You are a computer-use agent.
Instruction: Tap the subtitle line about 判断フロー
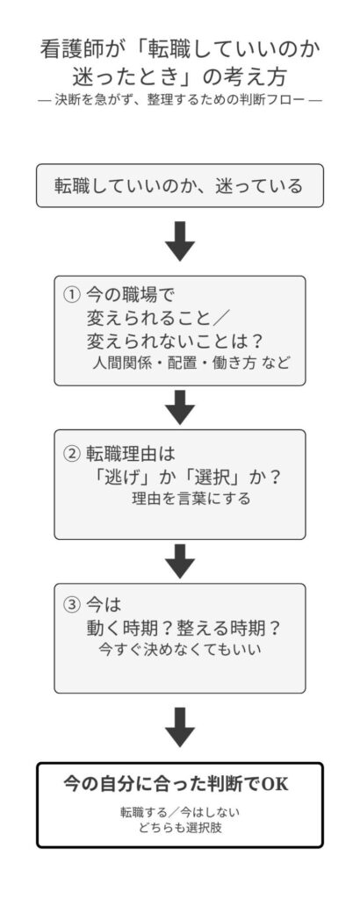pos(179,100)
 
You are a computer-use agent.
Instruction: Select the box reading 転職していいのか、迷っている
pos(179,185)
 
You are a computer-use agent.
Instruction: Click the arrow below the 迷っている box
pos(179,241)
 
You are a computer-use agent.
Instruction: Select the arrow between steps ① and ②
pos(179,406)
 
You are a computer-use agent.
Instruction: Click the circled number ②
pos(72,453)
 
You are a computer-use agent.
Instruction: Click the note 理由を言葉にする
pos(191,500)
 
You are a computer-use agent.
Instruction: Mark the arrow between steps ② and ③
pos(179,560)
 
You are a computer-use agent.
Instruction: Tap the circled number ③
pos(72,606)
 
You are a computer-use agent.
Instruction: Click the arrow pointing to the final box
pos(179,725)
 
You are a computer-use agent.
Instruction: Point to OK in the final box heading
pos(275,783)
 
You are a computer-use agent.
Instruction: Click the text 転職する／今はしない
pos(179,811)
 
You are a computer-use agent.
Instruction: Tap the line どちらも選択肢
pos(179,828)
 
